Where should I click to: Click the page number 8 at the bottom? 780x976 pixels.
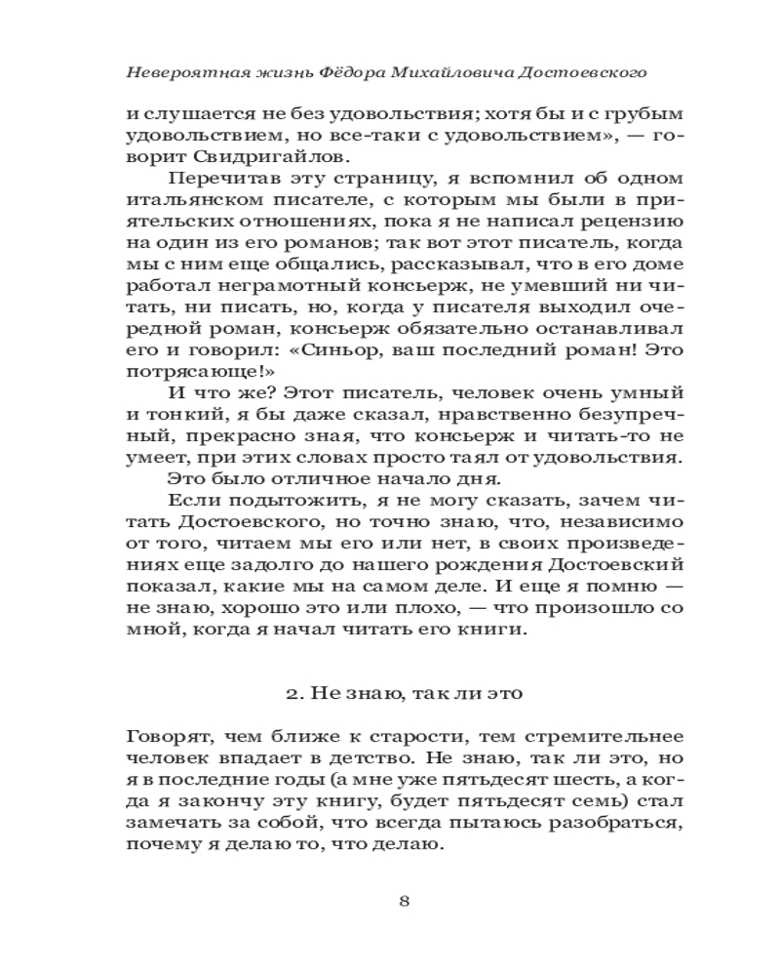click(404, 900)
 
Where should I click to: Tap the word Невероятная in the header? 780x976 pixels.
click(179, 73)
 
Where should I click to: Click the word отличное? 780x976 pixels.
click(308, 478)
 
